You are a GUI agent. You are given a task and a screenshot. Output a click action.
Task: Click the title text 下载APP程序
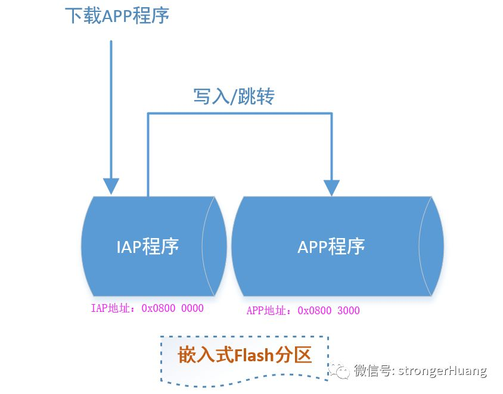point(117,15)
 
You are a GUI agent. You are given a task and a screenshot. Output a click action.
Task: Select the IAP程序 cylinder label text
point(147,246)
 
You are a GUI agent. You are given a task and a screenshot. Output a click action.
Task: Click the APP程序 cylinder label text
point(331,246)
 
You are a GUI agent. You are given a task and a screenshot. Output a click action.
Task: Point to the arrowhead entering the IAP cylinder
point(111,185)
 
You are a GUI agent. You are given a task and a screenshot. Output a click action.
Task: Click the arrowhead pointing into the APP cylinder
point(331,186)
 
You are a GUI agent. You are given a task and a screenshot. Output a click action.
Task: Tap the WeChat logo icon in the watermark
point(341,371)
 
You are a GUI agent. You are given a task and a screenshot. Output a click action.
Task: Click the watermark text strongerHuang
point(444,371)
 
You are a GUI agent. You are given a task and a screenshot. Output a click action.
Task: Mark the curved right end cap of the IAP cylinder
point(215,246)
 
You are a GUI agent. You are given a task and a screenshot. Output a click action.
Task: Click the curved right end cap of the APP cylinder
point(431,246)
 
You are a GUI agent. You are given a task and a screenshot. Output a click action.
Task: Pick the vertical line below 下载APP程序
point(111,107)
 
